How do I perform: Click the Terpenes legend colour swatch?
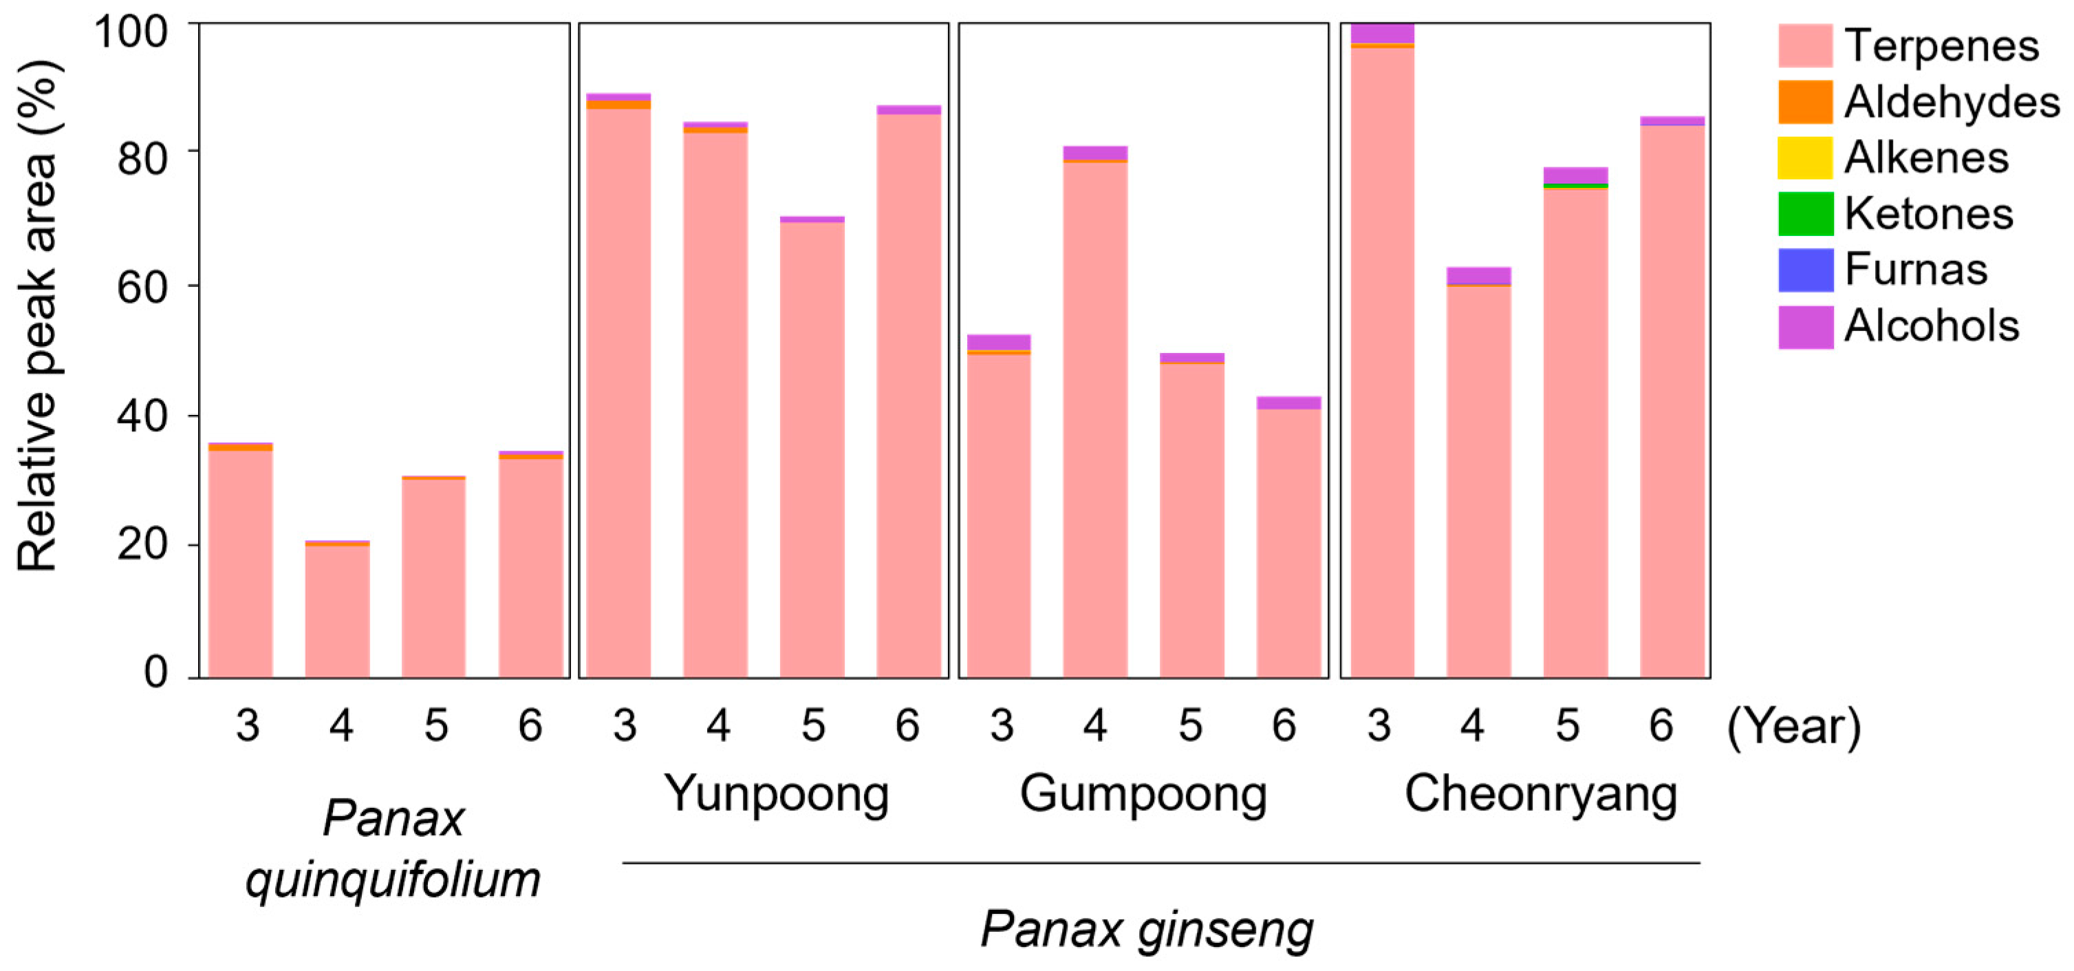[x=1805, y=46]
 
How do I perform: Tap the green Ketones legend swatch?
[x=1805, y=213]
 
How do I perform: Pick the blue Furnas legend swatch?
[x=1805, y=270]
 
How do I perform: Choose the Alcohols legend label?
[x=1931, y=326]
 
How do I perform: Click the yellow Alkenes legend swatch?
[x=1805, y=158]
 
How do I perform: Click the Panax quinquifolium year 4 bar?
[x=337, y=612]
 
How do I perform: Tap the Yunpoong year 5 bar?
[x=812, y=451]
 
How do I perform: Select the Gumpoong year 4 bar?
[x=1095, y=418]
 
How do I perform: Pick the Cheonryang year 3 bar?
[x=1381, y=362]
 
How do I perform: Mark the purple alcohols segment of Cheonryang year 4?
[x=1478, y=275]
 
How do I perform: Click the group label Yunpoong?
[x=776, y=794]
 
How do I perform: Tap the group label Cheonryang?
[x=1540, y=794]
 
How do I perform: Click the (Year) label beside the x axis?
[x=1794, y=726]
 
